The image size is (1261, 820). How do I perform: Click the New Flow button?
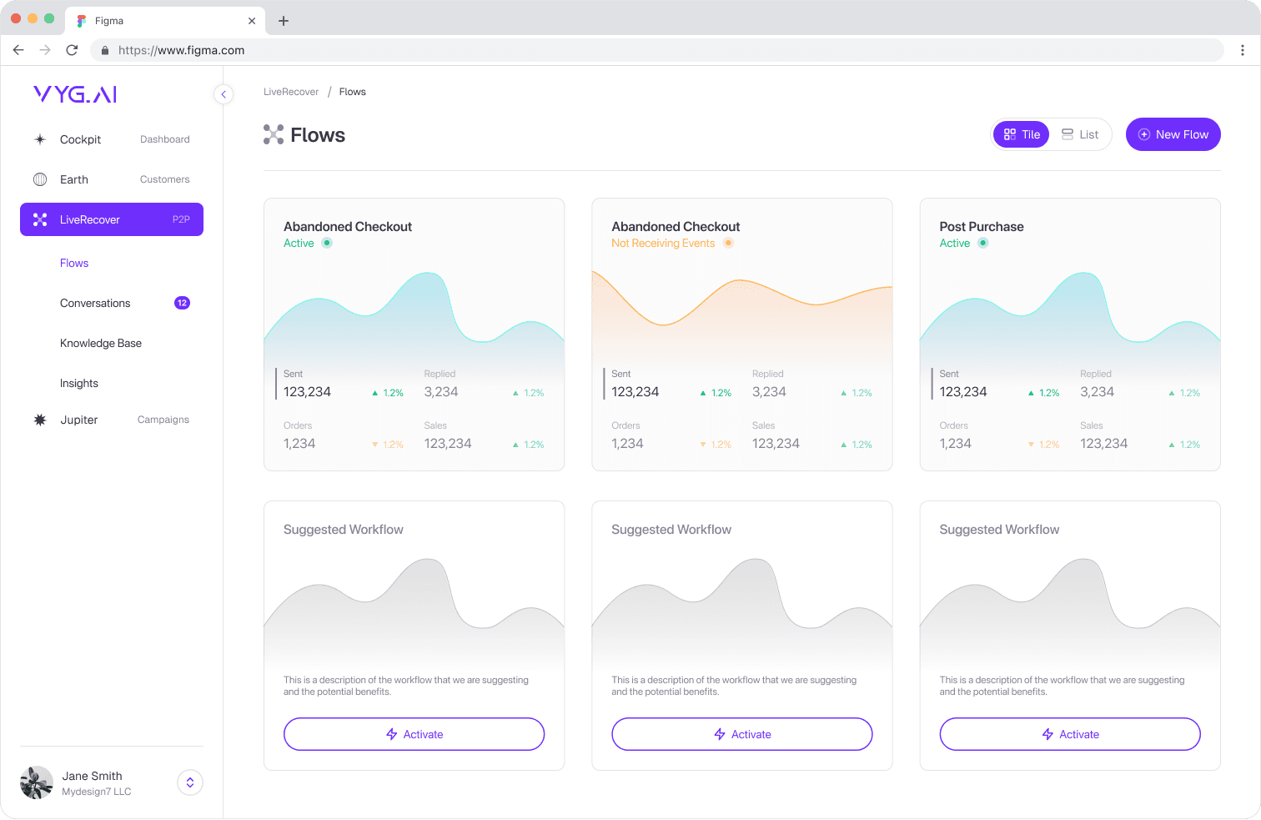1173,134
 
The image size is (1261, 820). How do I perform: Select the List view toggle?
1080,134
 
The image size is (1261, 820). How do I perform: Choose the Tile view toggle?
1022,134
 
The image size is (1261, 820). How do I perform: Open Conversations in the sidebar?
95,303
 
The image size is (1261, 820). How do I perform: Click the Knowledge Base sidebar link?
101,343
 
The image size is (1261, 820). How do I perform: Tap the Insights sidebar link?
79,383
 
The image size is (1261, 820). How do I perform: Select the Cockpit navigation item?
80,139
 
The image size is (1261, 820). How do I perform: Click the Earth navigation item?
74,179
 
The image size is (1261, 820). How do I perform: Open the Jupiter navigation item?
79,420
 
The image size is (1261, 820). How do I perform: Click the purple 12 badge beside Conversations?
182,303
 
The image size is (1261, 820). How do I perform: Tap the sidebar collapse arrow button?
224,94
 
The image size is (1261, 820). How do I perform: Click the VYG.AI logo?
75,94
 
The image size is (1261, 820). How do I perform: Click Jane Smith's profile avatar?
37,782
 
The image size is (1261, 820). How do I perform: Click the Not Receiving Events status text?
663,244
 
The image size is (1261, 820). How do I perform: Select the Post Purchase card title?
982,226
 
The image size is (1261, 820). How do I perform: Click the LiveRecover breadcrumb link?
291,92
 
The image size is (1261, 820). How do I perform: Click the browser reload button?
72,50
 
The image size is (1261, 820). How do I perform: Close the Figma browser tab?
252,21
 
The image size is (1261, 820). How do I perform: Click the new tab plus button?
284,21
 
